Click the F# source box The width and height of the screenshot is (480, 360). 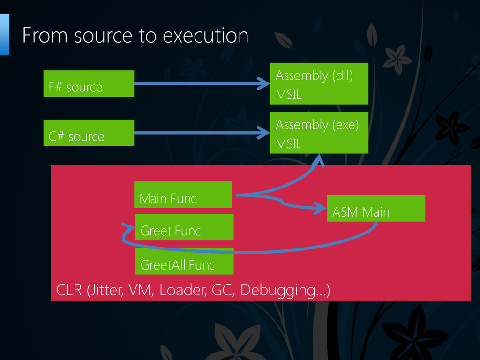click(x=89, y=83)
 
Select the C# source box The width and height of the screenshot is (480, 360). click(x=89, y=133)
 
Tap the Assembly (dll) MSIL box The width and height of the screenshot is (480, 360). click(x=319, y=83)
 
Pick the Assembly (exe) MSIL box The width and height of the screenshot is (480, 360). click(x=319, y=133)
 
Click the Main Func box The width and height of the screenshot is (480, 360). click(x=183, y=195)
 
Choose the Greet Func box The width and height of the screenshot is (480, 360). click(x=184, y=227)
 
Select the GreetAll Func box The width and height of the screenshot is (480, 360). click(x=184, y=261)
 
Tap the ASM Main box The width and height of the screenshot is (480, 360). click(x=376, y=208)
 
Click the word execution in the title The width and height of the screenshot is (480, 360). click(x=205, y=36)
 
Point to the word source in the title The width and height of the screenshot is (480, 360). click(x=103, y=36)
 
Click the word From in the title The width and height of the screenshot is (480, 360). click(x=45, y=35)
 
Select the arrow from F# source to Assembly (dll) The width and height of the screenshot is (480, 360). click(x=202, y=83)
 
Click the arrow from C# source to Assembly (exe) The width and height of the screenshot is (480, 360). click(x=202, y=133)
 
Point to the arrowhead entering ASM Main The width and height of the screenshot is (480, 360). click(x=321, y=208)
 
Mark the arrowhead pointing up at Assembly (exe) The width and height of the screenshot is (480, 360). click(x=319, y=160)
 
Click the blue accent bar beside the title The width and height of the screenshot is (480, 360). click(x=5, y=34)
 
